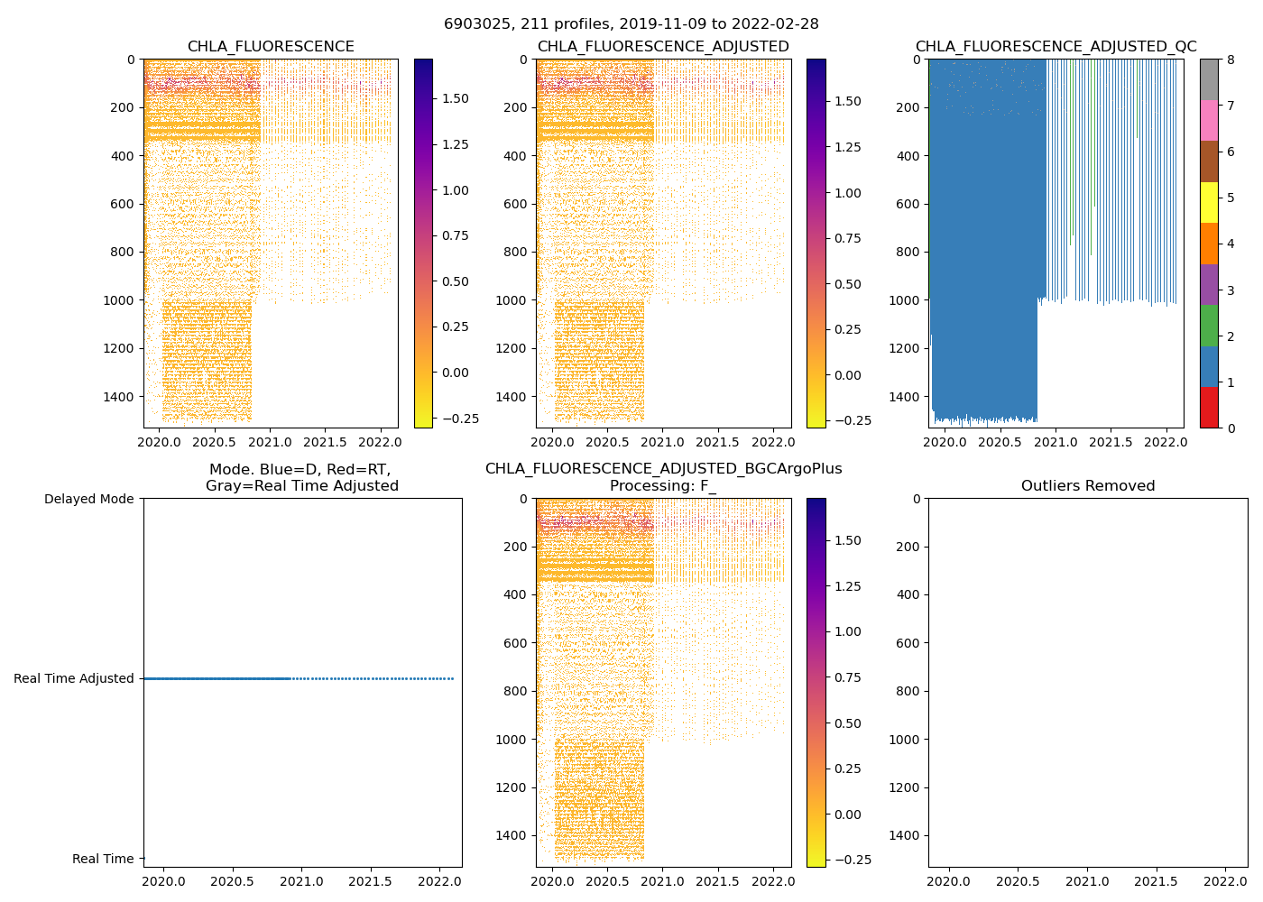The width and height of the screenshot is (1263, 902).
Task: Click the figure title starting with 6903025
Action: [631, 24]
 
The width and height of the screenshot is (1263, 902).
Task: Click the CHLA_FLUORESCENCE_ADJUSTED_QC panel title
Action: [1056, 47]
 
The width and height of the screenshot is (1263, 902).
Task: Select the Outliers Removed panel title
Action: [1087, 486]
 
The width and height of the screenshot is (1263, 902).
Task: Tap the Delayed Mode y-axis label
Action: [88, 499]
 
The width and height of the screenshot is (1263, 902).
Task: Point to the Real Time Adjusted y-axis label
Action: [73, 678]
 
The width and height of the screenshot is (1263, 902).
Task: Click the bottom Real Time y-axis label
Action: [103, 859]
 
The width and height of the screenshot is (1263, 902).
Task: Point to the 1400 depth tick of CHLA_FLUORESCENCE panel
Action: [117, 397]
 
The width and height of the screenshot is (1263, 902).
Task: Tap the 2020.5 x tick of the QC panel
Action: [999, 442]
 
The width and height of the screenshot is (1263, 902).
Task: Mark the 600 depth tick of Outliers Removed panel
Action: [909, 643]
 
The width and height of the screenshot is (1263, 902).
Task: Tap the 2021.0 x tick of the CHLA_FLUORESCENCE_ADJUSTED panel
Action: [662, 442]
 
